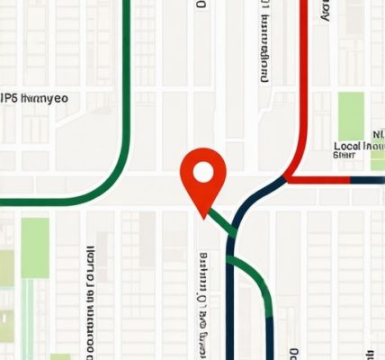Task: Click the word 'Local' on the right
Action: pyautogui.click(x=348, y=146)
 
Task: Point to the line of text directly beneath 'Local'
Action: pyautogui.click(x=345, y=156)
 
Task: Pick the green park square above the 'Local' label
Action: pyautogui.click(x=350, y=114)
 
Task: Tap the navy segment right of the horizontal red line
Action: pyautogui.click(x=367, y=179)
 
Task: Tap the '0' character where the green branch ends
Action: pyautogui.click(x=291, y=352)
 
